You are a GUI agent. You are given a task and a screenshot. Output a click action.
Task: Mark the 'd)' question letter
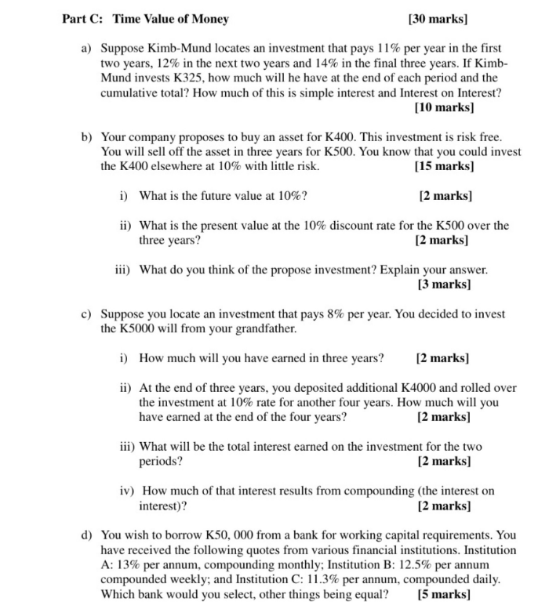[88, 535]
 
